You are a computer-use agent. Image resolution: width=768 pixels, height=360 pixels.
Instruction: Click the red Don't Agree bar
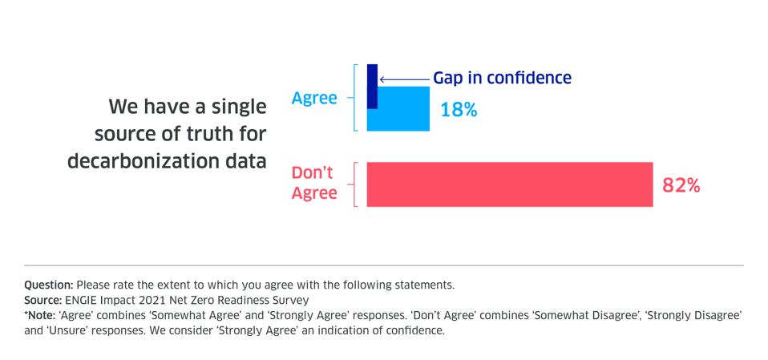tap(510, 184)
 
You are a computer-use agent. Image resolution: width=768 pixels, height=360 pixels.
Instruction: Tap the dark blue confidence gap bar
tap(372, 87)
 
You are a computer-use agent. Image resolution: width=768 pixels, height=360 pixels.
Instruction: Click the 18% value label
tap(459, 110)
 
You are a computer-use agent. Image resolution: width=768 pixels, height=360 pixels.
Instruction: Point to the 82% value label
tap(681, 185)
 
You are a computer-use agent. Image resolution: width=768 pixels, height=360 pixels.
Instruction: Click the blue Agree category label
tap(314, 99)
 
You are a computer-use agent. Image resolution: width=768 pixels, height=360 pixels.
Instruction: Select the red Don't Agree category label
tap(313, 184)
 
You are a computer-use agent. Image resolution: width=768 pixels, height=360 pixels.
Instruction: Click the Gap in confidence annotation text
tap(502, 78)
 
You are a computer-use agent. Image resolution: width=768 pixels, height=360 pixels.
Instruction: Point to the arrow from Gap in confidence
tap(404, 79)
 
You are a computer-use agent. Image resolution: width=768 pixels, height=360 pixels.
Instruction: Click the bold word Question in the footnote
tap(49, 285)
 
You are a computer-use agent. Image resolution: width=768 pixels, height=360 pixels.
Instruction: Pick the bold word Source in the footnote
tap(43, 300)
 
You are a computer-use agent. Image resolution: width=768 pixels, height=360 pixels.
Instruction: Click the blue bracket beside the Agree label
tap(355, 98)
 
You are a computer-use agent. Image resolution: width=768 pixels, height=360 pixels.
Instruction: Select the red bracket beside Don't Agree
tap(355, 184)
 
